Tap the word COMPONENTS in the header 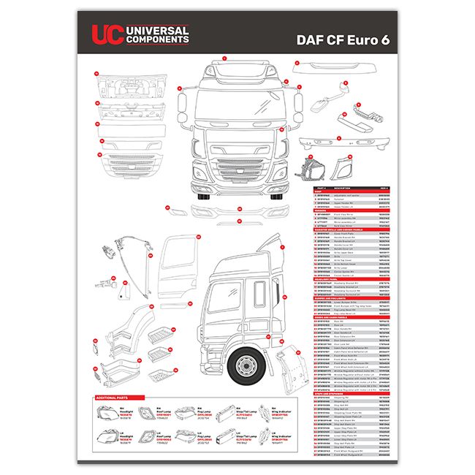[157, 39]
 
